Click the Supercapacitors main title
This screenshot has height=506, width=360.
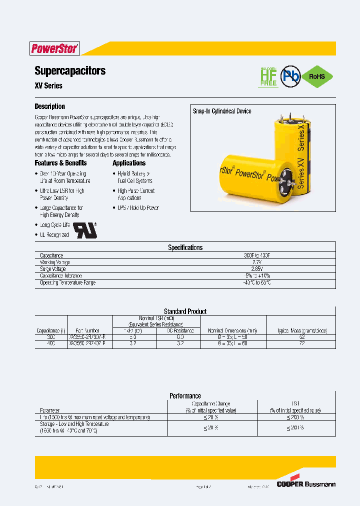pos(70,70)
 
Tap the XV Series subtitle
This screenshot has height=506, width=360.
pos(48,85)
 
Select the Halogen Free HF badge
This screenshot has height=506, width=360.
pos(268,76)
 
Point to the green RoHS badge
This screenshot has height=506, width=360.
pos(316,76)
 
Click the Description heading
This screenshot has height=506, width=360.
pos(49,106)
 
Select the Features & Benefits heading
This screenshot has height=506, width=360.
pos(60,163)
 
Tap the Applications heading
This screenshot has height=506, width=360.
pos(129,163)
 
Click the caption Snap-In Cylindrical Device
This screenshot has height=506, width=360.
pos(222,111)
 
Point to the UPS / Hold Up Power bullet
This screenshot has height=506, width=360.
pos(138,207)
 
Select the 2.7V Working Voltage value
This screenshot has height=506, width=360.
pos(257,262)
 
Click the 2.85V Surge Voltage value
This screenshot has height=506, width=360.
pos(257,269)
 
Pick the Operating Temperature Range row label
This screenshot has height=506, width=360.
pos(67,282)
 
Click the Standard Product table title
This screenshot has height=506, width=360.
pos(185,311)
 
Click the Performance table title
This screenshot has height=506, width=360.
pos(185,395)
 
